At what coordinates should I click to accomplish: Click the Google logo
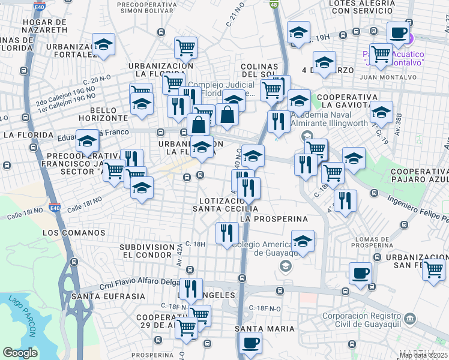click(20, 353)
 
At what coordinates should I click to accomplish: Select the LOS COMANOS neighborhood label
click(74, 233)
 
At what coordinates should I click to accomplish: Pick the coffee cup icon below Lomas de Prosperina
click(360, 273)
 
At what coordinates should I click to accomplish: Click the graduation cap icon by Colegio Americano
click(303, 241)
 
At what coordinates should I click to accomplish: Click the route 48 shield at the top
click(274, 4)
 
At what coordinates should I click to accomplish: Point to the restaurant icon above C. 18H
click(226, 232)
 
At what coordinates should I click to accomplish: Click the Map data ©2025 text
click(423, 356)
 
